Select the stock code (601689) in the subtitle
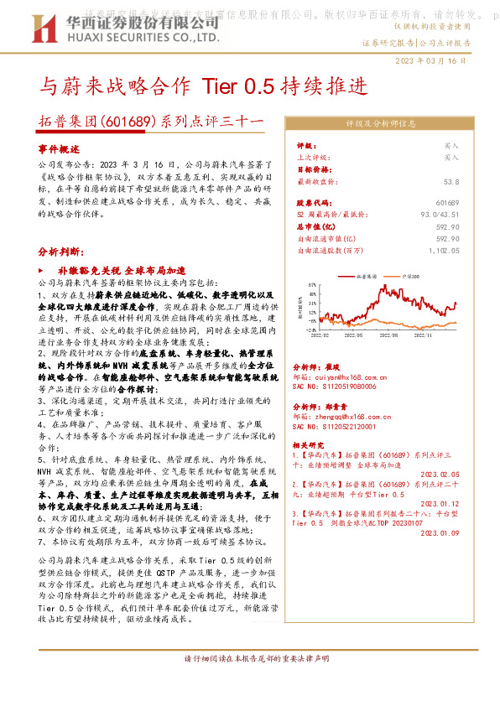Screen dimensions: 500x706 click(125, 122)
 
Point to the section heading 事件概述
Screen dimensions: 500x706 click(58, 148)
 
